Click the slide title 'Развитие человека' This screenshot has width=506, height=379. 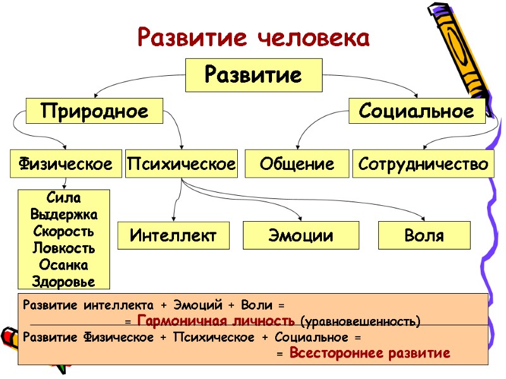tap(253, 38)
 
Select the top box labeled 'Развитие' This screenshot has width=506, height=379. tap(253, 75)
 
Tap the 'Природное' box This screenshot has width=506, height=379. tap(94, 111)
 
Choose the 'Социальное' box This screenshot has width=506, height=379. tap(417, 111)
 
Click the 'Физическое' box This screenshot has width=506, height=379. tap(66, 164)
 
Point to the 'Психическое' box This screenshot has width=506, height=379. tap(182, 164)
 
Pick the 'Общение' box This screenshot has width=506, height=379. tap(297, 164)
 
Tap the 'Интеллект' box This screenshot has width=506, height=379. tap(173, 236)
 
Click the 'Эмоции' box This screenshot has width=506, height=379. tap(301, 236)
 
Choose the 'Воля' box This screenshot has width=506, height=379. tap(424, 236)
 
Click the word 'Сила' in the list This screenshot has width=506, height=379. tap(63, 198)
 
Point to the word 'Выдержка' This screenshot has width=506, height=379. tap(63, 215)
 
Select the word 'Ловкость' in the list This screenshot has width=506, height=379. tap(63, 248)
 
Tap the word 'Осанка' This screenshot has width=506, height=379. tap(63, 264)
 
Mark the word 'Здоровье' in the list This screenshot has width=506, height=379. tap(63, 280)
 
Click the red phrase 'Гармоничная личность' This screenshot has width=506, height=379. tap(215, 320)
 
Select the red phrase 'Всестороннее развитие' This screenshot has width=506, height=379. tap(369, 352)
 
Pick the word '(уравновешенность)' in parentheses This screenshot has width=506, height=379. tap(361, 322)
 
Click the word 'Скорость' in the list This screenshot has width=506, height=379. tap(63, 231)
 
